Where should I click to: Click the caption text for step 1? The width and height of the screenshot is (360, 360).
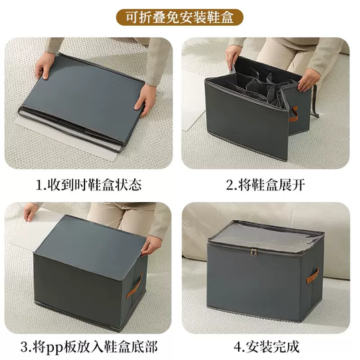coord(89,185)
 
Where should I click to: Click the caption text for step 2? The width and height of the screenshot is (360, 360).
coord(268,185)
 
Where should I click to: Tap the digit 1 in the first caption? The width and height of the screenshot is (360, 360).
coord(39,186)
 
